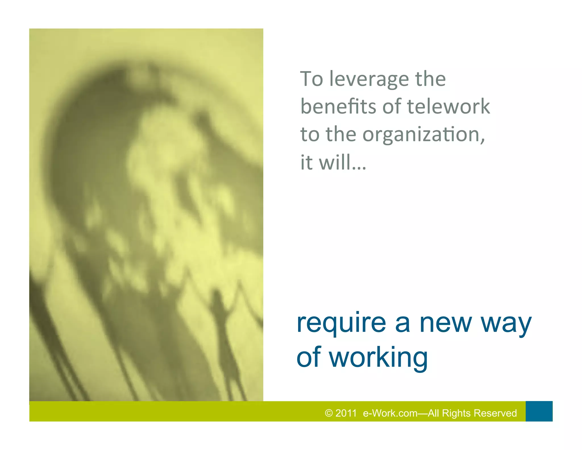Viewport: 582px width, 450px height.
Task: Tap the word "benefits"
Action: pos(338,106)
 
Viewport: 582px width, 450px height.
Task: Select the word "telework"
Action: pos(449,106)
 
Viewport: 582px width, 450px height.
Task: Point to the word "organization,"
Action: pos(424,135)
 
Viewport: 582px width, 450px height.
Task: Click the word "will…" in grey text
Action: pos(342,162)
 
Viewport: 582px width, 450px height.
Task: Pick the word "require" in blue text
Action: pos(341,323)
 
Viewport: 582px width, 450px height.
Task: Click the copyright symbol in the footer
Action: pos(329,413)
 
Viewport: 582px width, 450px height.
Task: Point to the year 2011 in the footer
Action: pos(346,413)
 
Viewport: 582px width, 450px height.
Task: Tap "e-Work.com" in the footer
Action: pos(390,413)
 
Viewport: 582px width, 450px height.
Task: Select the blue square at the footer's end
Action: pos(539,411)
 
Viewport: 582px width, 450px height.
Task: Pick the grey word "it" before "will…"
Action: pos(307,162)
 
